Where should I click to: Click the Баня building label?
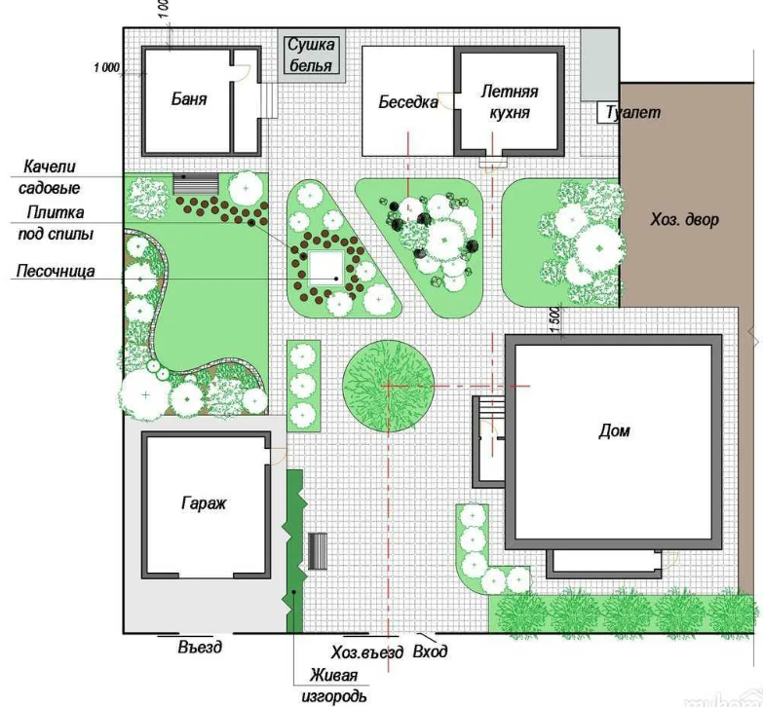pyautogui.click(x=189, y=99)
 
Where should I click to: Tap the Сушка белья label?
pyautogui.click(x=311, y=55)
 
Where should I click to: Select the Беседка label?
pyautogui.click(x=408, y=102)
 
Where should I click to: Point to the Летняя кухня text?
pyautogui.click(x=509, y=101)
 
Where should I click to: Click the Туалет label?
pyautogui.click(x=633, y=112)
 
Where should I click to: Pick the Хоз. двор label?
pyautogui.click(x=684, y=220)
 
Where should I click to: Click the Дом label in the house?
pyautogui.click(x=614, y=430)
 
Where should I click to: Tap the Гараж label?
pyautogui.click(x=204, y=502)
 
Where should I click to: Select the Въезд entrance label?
pyautogui.click(x=200, y=647)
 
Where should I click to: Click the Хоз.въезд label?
pyautogui.click(x=367, y=652)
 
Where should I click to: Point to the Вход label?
pyautogui.click(x=430, y=651)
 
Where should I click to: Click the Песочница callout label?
pyautogui.click(x=56, y=271)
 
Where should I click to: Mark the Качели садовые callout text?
pyautogui.click(x=49, y=177)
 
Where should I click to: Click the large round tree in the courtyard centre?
pyautogui.click(x=388, y=386)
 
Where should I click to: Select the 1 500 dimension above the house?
pyautogui.click(x=555, y=319)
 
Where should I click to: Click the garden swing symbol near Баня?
pyautogui.click(x=196, y=184)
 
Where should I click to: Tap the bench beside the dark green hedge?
pyautogui.click(x=318, y=551)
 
